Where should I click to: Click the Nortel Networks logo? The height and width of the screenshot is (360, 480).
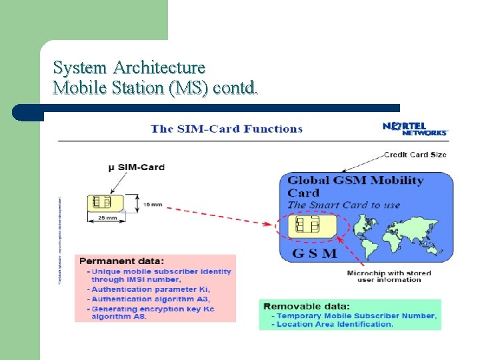pyautogui.click(x=415, y=128)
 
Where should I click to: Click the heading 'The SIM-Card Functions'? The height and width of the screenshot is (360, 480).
pyautogui.click(x=227, y=129)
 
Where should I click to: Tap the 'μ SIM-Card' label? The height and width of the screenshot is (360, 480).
pyautogui.click(x=136, y=167)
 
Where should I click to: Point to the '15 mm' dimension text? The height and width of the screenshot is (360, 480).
pyautogui.click(x=151, y=205)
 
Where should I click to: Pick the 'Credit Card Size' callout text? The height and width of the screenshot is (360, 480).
pyautogui.click(x=415, y=155)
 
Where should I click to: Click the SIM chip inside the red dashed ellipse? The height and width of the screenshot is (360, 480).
pyautogui.click(x=307, y=225)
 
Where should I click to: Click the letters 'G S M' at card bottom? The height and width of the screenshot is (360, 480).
pyautogui.click(x=314, y=253)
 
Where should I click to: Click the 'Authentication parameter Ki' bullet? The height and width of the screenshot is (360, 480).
pyautogui.click(x=151, y=289)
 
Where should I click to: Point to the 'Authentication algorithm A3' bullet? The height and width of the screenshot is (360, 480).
pyautogui.click(x=151, y=299)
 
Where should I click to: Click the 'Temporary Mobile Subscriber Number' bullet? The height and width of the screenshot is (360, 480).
pyautogui.click(x=357, y=315)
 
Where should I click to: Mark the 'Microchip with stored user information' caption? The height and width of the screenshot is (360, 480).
pyautogui.click(x=389, y=276)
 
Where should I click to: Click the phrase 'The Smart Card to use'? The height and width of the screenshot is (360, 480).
pyautogui.click(x=343, y=205)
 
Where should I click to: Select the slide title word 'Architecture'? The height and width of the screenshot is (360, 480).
pyautogui.click(x=159, y=67)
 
